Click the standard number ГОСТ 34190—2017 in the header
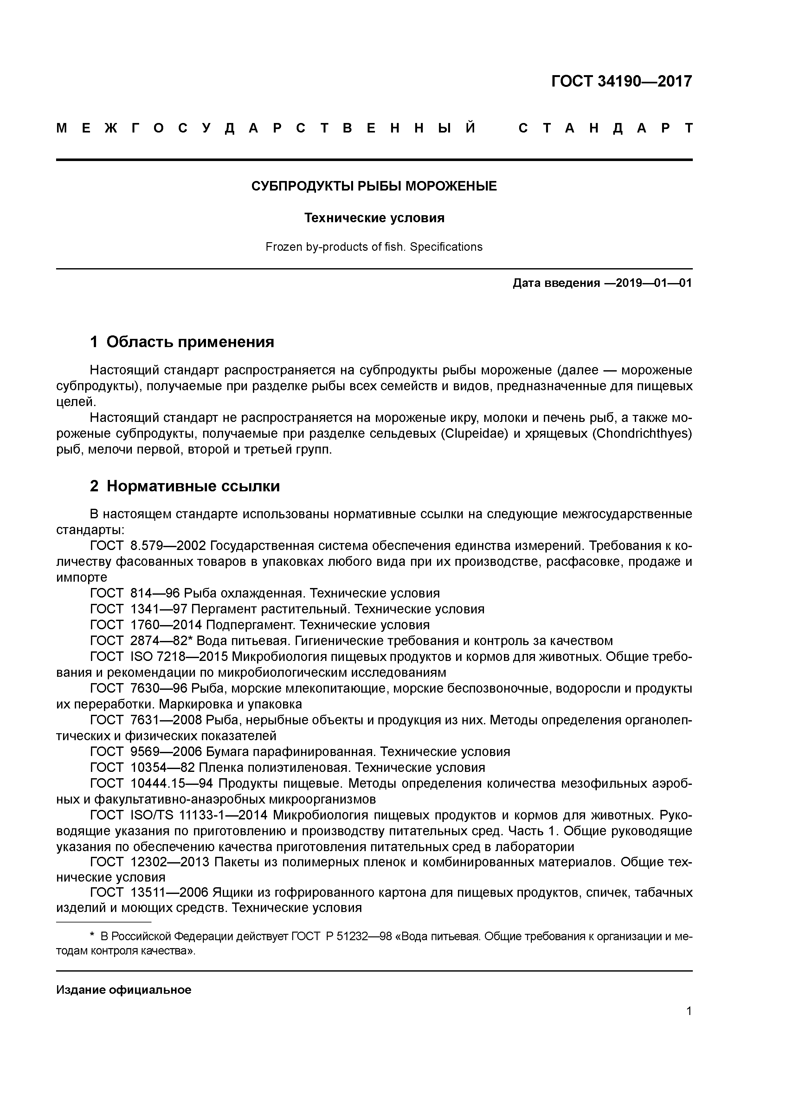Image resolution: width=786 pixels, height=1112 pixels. point(621,81)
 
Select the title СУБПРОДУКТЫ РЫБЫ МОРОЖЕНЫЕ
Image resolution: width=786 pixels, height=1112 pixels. point(374,186)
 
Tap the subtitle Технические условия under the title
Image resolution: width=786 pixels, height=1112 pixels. point(374,218)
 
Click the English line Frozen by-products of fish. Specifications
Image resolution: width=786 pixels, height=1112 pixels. point(374,247)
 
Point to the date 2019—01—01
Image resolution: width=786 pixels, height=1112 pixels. point(648,283)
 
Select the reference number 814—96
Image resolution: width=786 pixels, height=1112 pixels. point(155,593)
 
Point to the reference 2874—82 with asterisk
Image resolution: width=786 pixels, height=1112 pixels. point(161,641)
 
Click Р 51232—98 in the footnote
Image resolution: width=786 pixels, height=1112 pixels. point(358,937)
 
